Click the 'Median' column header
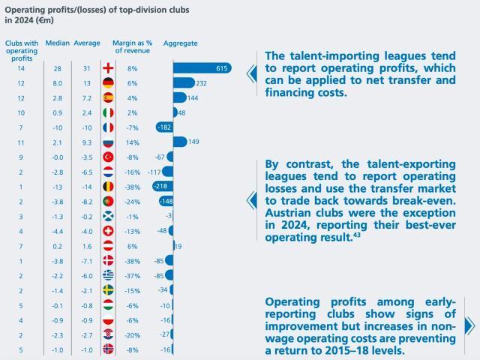pyautogui.click(x=57, y=43)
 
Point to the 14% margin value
pyautogui.click(x=132, y=141)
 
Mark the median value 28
pyautogui.click(x=57, y=69)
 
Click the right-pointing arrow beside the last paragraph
pyautogui.click(x=469, y=325)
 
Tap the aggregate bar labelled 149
pyautogui.click(x=181, y=141)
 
